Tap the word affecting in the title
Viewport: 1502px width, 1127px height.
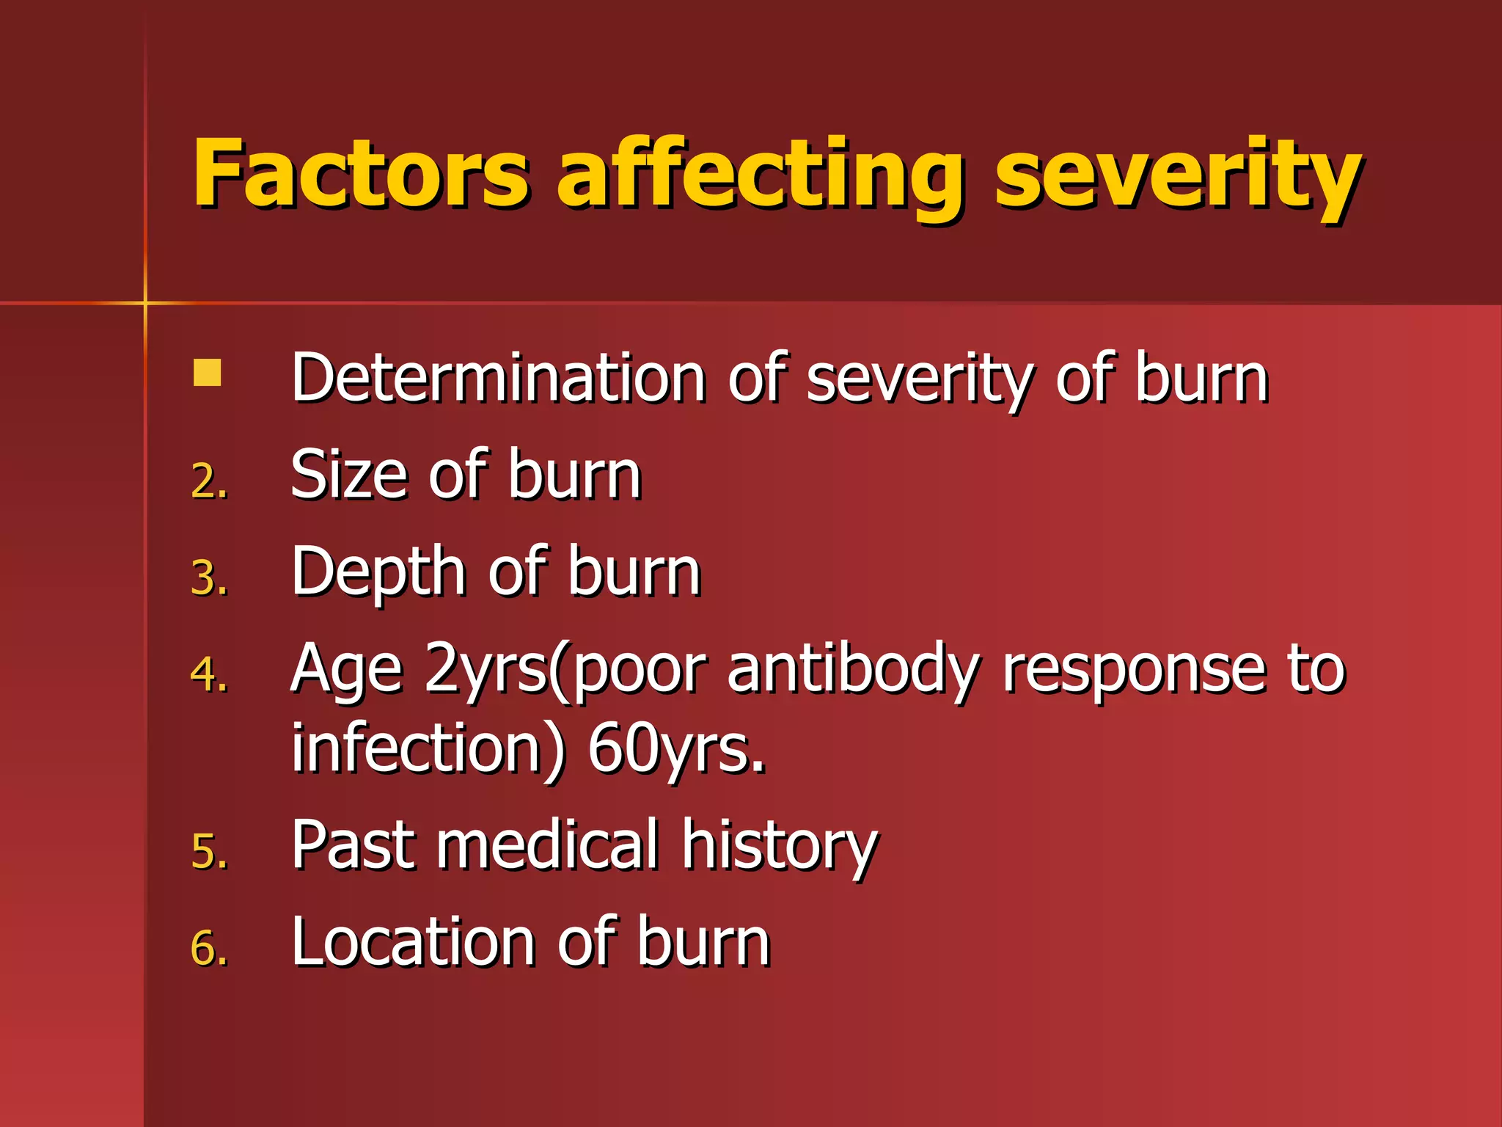[x=758, y=176]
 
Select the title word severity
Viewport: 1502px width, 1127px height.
[x=1177, y=176]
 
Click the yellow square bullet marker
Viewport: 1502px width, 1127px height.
[x=207, y=373]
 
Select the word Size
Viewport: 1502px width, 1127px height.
[x=348, y=475]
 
